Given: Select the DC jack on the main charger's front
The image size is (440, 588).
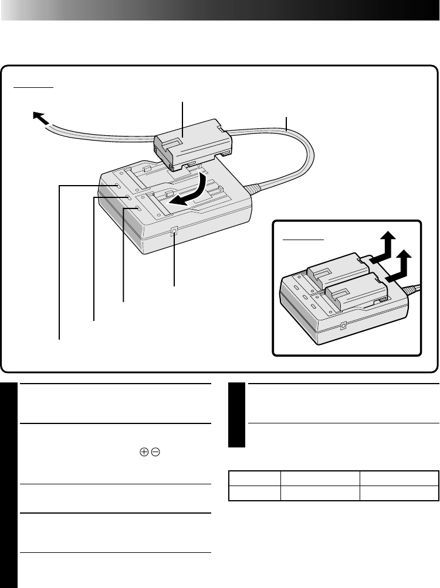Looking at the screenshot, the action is coord(174,233).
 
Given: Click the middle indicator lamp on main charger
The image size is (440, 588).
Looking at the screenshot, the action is coord(128,198).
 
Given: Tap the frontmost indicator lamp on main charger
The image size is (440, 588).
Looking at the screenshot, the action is coord(138,208).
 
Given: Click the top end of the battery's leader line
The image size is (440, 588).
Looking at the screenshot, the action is coord(183,102).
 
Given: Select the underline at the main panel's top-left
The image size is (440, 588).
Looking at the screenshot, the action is coord(33,87).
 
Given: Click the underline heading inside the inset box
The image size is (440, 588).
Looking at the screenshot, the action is coord(303,240).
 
